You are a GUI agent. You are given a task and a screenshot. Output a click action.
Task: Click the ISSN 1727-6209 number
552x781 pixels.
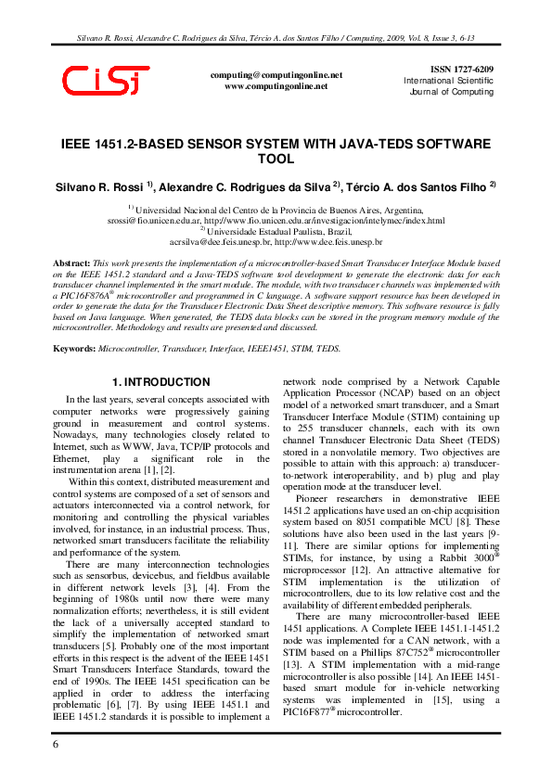coord(462,70)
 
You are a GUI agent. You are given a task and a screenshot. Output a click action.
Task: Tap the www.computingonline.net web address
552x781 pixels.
coord(276,86)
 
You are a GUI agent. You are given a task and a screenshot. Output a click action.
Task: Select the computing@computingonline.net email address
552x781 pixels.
coord(276,75)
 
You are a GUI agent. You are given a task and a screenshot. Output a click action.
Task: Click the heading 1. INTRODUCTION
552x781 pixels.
coord(160,382)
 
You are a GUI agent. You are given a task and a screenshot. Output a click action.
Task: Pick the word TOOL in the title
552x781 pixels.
coord(275,160)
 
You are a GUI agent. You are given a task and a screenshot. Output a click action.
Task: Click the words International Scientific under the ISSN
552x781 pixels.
coord(448,82)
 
